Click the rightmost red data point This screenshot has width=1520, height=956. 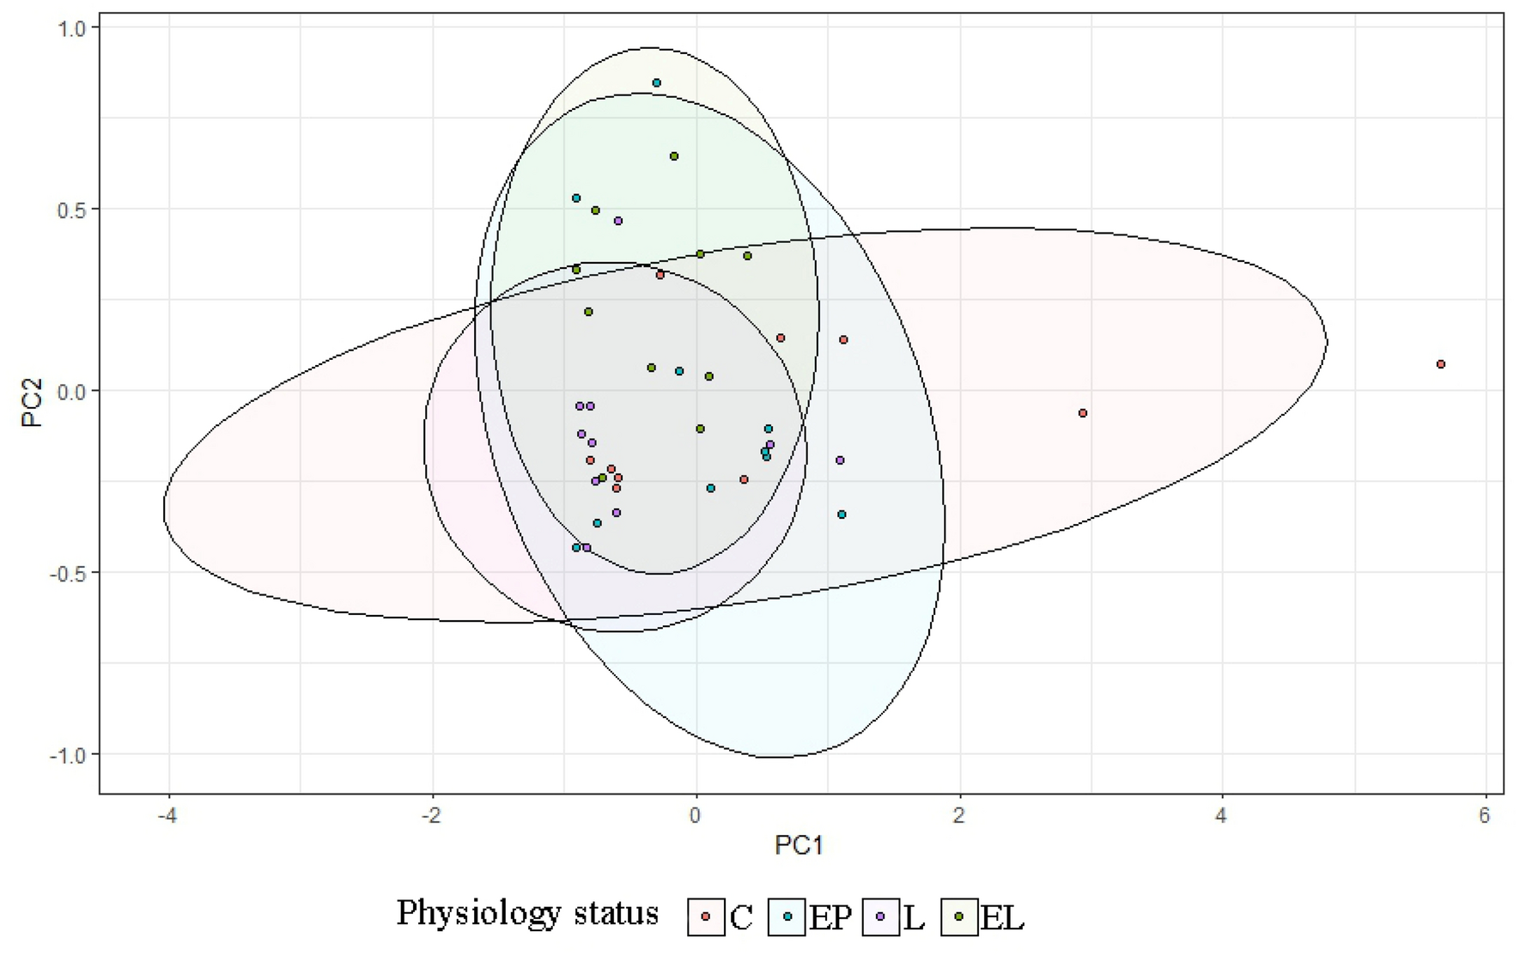coord(1440,364)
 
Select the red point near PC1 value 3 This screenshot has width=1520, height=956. coord(1082,413)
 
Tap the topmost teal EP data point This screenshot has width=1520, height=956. coord(656,83)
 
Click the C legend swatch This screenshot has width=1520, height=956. coord(706,916)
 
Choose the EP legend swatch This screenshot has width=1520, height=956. coord(787,916)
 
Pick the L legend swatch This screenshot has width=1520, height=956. coord(880,916)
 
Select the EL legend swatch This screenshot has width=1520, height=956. coord(960,916)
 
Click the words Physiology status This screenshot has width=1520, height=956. coord(527,912)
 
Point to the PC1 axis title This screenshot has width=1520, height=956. coord(799,846)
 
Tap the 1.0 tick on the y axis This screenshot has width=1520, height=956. coord(73,27)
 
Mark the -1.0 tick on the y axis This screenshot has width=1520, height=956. coord(69,754)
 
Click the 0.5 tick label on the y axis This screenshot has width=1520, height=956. coord(73,210)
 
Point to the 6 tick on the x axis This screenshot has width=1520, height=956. coord(1485,814)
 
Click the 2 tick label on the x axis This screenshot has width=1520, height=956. coord(958,814)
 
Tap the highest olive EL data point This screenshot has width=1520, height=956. coord(674,156)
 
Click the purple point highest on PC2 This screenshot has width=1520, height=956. coord(617,221)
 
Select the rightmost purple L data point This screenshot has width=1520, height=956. coord(840,460)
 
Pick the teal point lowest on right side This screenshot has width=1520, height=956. coord(842,515)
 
